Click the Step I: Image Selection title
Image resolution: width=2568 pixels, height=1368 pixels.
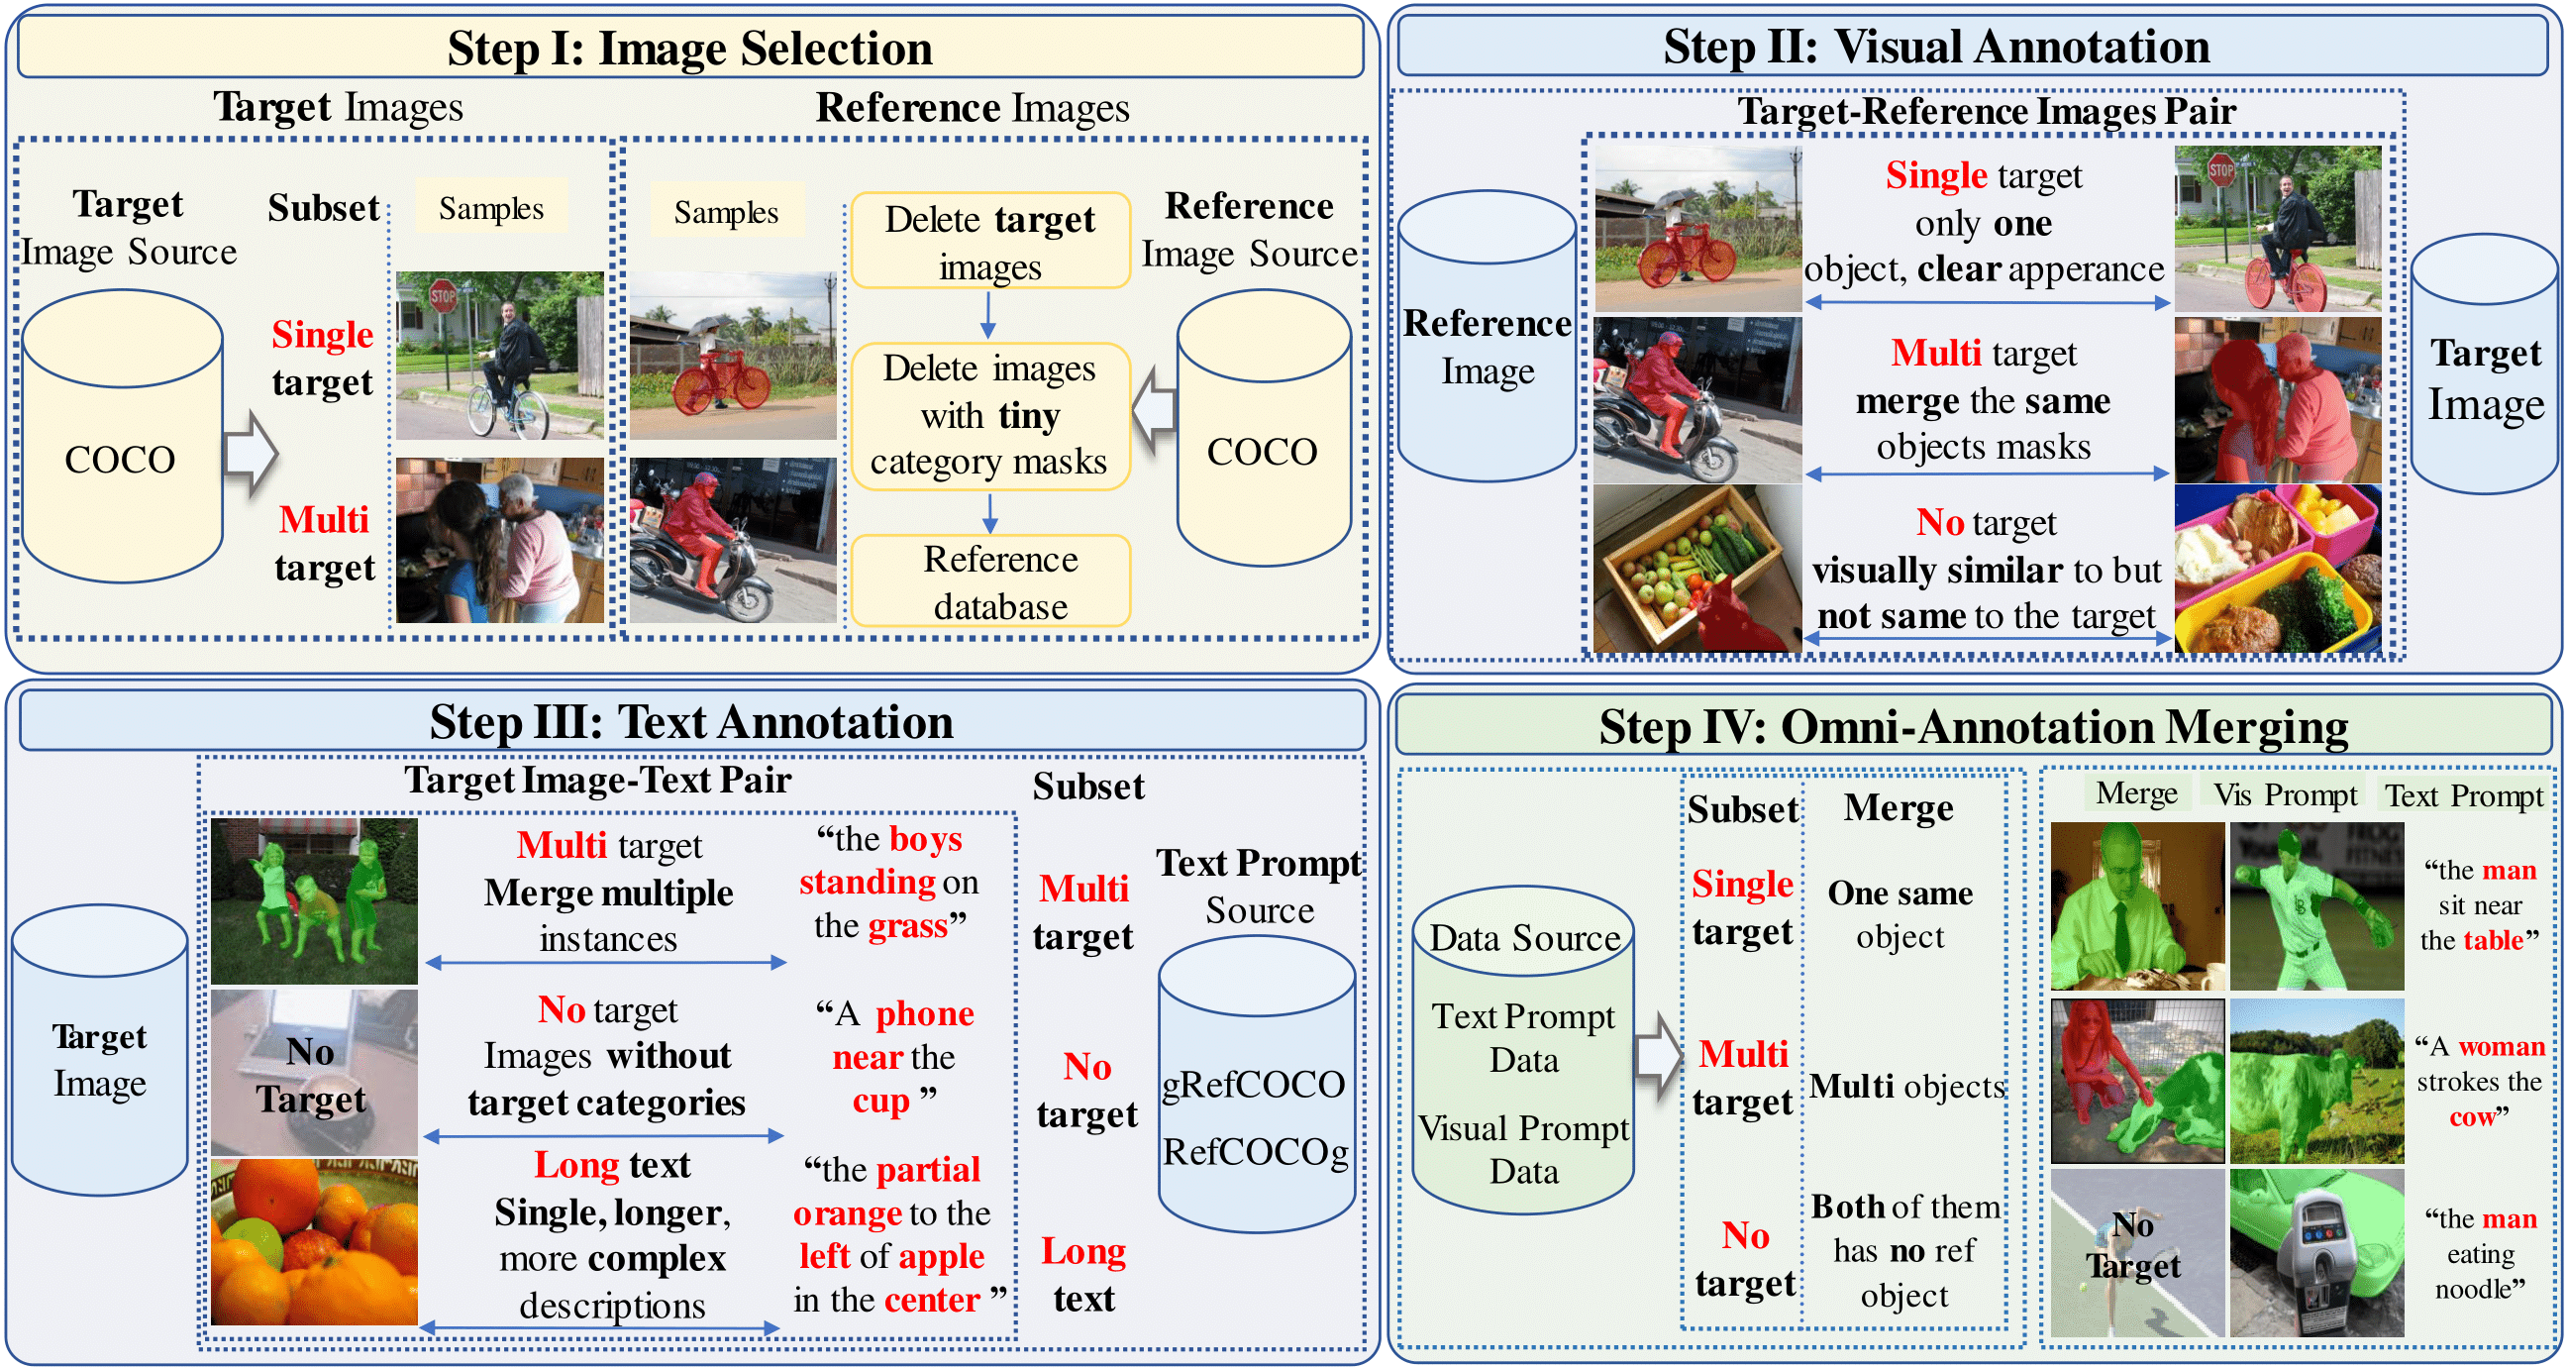pyautogui.click(x=690, y=48)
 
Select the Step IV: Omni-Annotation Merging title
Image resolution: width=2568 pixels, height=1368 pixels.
pyautogui.click(x=1973, y=727)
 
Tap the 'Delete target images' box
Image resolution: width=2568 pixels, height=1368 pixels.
pyautogui.click(x=990, y=242)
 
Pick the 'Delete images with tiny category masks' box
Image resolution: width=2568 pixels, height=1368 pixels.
pyautogui.click(x=990, y=416)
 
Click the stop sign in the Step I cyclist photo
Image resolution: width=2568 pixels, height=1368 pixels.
pyautogui.click(x=443, y=295)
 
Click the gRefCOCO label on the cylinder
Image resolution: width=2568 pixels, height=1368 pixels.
pyautogui.click(x=1254, y=1085)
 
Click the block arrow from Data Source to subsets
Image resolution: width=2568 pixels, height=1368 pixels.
pyautogui.click(x=1657, y=1057)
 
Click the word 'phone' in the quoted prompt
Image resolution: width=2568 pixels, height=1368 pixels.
pyautogui.click(x=924, y=1014)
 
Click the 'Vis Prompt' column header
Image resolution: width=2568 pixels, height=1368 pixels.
pyautogui.click(x=2285, y=794)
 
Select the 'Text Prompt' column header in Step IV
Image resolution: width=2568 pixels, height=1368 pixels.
pyautogui.click(x=2463, y=795)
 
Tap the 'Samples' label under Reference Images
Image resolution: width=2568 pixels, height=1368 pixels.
pyautogui.click(x=726, y=211)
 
